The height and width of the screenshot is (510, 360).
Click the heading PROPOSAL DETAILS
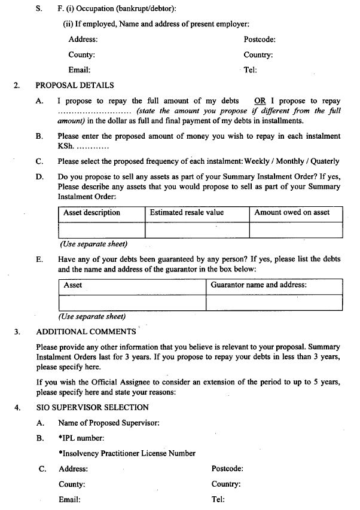[75, 85]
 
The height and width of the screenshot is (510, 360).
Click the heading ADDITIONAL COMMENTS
[86, 332]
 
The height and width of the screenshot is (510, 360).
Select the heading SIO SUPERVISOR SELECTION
[92, 408]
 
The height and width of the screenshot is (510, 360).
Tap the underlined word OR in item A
[260, 101]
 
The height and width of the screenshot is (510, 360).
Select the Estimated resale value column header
[187, 213]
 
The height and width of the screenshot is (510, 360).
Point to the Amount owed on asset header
[292, 213]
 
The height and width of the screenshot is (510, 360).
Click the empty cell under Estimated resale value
[197, 230]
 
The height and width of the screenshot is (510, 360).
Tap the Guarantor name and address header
[259, 285]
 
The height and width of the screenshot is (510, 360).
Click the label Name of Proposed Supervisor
[108, 423]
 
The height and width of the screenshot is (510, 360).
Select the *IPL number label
[81, 438]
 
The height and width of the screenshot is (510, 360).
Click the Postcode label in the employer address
[260, 39]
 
